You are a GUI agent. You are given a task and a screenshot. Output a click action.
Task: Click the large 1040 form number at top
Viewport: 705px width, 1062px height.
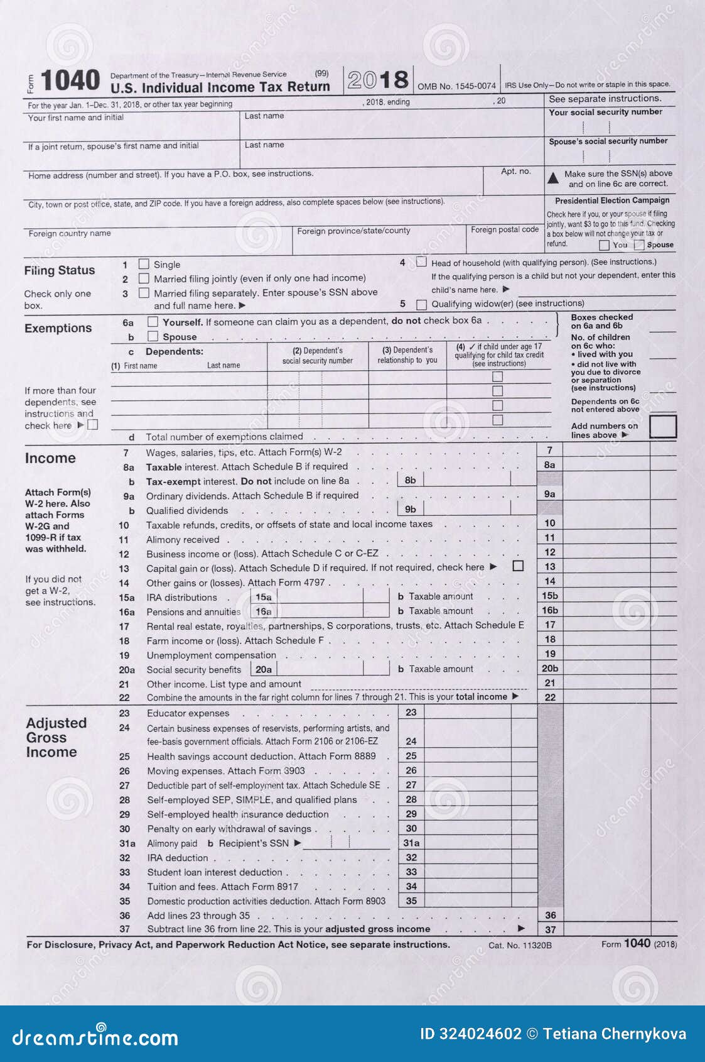coord(70,81)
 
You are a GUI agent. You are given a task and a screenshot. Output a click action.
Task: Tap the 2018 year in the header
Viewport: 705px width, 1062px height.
coord(377,80)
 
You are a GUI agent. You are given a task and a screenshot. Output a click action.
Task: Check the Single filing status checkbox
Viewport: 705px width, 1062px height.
coord(144,265)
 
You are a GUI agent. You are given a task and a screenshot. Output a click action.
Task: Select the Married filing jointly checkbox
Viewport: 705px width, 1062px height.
coord(144,278)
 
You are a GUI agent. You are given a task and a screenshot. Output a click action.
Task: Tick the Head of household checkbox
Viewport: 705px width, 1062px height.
coord(421,262)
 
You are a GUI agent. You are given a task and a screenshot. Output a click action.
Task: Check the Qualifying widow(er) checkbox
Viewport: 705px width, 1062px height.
coord(421,305)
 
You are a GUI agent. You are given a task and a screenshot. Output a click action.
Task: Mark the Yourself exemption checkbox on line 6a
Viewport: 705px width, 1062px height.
coord(153,322)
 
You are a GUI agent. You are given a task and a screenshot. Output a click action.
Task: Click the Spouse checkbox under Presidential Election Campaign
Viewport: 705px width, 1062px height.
coord(639,245)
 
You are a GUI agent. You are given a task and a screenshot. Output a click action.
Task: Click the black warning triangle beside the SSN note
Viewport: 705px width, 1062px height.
coord(553,178)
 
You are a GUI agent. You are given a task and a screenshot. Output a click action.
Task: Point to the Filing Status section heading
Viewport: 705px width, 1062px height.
coord(60,271)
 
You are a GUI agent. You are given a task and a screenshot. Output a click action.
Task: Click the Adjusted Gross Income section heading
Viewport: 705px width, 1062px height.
coord(56,738)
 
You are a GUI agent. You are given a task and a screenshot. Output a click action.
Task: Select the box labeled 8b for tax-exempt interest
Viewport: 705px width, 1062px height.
coord(410,480)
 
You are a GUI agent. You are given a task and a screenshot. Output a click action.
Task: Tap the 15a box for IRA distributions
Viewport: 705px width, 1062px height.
coord(264,597)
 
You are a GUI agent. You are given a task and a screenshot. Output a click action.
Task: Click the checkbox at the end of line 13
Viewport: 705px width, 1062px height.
coord(518,566)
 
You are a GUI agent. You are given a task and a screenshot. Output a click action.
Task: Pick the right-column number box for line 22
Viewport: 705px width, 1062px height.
coord(550,697)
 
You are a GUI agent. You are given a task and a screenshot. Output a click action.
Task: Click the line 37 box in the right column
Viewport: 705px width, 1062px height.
coord(550,929)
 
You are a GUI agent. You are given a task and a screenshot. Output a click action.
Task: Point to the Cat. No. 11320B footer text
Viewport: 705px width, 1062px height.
coord(520,945)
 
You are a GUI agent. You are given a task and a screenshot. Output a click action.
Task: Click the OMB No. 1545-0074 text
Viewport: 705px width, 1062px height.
coord(456,86)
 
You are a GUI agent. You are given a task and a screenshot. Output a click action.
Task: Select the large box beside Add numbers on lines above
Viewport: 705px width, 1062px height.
coord(662,427)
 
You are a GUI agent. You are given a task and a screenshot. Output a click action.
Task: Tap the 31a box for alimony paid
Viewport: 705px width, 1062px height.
coord(411,843)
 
